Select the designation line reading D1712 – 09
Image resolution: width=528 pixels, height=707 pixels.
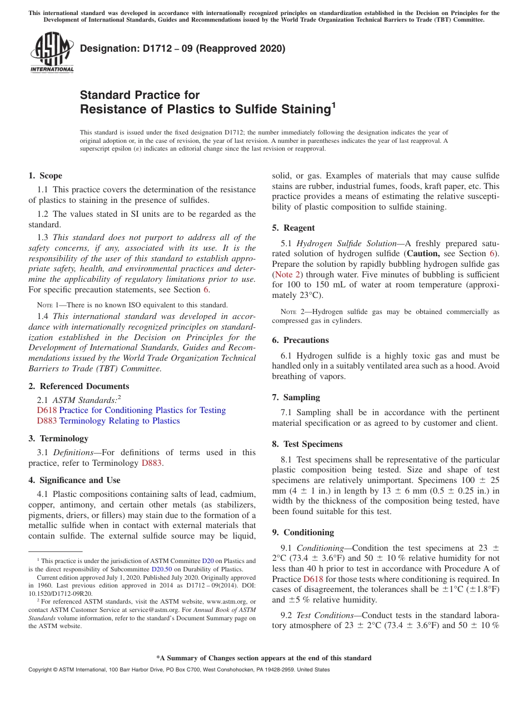click(x=182, y=48)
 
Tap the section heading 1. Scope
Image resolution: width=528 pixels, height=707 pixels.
click(x=45, y=176)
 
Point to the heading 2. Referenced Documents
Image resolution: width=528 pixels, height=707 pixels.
click(x=78, y=386)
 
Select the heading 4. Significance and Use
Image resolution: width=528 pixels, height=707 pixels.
click(x=74, y=480)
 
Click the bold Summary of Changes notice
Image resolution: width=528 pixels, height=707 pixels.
click(x=263, y=658)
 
